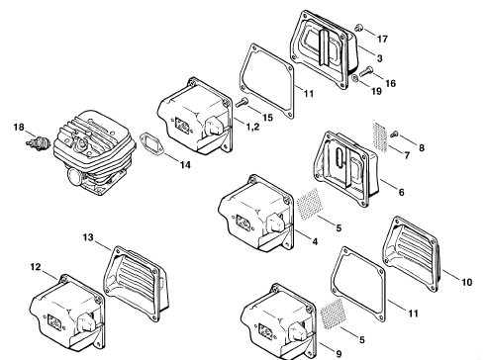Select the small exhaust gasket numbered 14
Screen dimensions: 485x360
151,143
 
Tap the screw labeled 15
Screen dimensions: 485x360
242,102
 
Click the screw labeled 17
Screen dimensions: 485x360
359,28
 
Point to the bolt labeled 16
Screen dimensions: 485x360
365,71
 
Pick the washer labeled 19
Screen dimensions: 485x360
354,79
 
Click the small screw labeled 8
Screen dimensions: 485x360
394,134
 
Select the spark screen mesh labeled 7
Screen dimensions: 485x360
380,137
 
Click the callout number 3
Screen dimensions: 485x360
380,58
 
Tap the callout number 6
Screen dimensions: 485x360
401,192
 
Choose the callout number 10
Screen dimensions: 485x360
466,282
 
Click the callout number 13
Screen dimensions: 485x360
88,237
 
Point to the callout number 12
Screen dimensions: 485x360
36,267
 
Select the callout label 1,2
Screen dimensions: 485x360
253,127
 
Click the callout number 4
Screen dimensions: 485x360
315,241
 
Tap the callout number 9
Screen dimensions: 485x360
339,354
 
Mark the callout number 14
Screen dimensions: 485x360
185,165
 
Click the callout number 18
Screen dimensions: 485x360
19,127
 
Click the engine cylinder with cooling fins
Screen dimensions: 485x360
94,153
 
